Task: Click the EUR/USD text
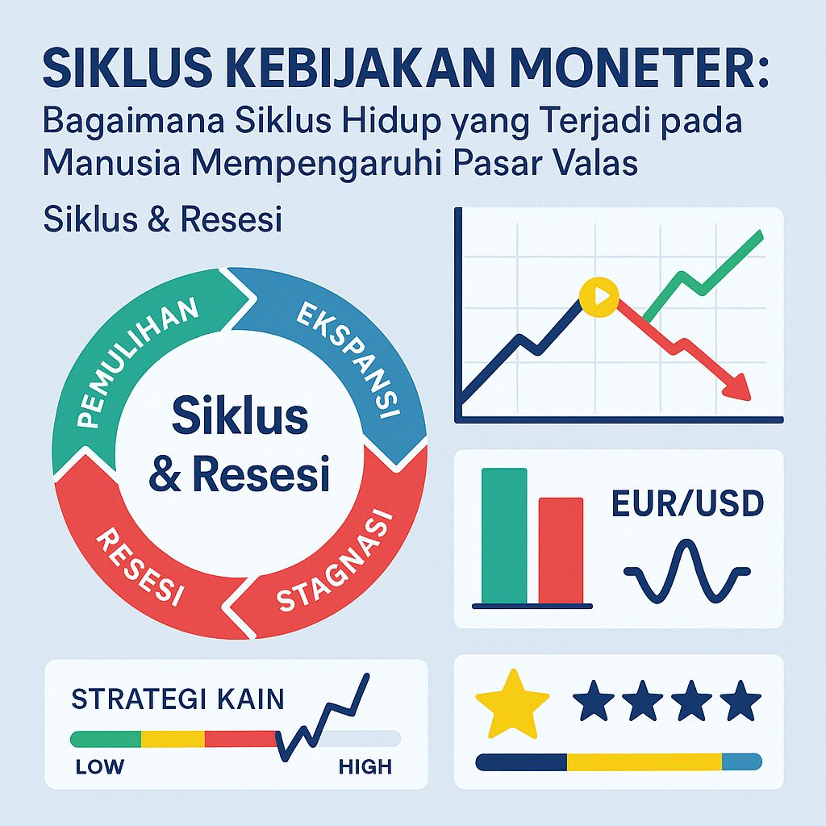click(686, 503)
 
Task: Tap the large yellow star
click(511, 701)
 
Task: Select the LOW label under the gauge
click(99, 766)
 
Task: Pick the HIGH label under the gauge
click(365, 766)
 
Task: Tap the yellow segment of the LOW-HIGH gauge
click(173, 738)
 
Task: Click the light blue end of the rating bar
click(741, 761)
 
